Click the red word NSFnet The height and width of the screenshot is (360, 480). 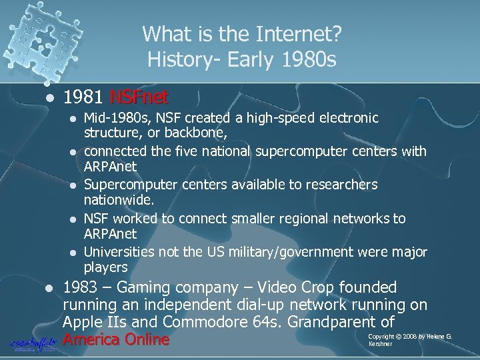[139, 98]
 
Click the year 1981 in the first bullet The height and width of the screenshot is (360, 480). [83, 98]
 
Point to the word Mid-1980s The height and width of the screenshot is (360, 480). [111, 118]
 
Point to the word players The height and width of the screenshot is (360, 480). [105, 267]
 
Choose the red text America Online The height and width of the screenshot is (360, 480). [115, 340]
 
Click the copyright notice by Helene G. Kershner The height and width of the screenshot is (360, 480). [409, 340]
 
